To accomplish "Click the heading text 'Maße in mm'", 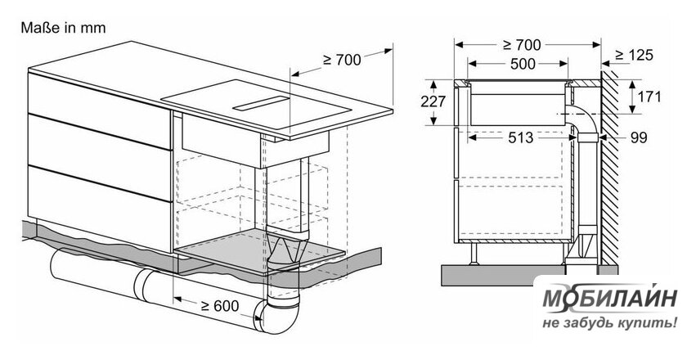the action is [63, 28].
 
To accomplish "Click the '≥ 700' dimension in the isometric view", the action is [342, 59].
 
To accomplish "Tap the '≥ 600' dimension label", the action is [219, 306].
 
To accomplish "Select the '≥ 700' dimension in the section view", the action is [522, 44].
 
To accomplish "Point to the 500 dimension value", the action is [523, 64].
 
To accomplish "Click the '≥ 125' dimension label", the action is [634, 55].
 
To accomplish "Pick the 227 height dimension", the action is [433, 101].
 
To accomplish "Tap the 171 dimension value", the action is [649, 97].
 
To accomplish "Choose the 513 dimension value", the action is [521, 137].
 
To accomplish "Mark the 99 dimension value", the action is [639, 137].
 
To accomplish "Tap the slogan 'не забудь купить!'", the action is [609, 324].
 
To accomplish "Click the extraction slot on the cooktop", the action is [262, 103].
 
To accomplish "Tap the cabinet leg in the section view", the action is [474, 254].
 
